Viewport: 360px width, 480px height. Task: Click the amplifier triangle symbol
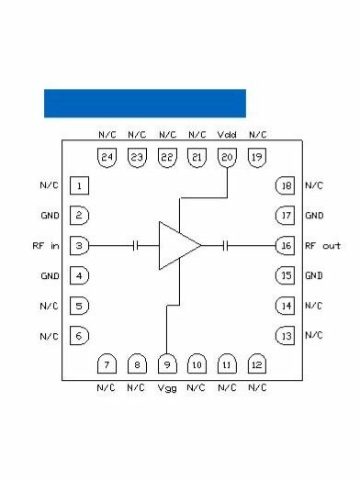(x=177, y=245)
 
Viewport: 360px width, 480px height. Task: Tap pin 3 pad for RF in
(x=81, y=245)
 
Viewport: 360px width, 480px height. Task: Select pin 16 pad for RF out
(x=286, y=245)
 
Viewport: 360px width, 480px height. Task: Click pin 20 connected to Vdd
(x=227, y=158)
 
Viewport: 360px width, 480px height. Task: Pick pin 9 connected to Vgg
(x=166, y=364)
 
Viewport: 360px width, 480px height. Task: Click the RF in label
(x=45, y=246)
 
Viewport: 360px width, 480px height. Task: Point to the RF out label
(x=322, y=246)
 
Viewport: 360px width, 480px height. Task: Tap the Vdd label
(x=227, y=135)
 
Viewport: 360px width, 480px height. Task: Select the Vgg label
(x=166, y=387)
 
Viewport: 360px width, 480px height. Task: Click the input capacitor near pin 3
(x=136, y=245)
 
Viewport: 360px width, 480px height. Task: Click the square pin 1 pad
(x=81, y=186)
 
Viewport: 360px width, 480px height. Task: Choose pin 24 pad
(x=107, y=158)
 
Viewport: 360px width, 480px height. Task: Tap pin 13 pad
(x=286, y=336)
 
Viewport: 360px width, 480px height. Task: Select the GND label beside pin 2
(x=50, y=216)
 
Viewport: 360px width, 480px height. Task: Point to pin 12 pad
(x=256, y=364)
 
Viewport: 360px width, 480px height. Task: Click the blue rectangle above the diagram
(x=145, y=103)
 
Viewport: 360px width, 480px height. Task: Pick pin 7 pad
(x=107, y=364)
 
